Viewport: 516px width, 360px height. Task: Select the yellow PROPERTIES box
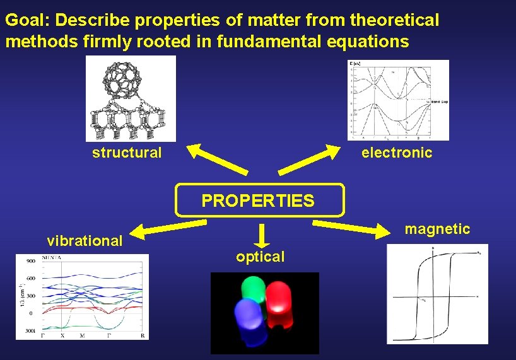[x=259, y=200]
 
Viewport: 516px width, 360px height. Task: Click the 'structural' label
[x=127, y=153]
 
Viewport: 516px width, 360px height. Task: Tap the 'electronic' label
[x=397, y=153]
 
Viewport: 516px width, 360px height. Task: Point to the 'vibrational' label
[x=85, y=241]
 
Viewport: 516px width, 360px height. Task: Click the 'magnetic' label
[x=437, y=229]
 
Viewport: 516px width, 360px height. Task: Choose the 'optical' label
[x=260, y=257]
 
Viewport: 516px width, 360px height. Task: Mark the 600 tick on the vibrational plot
[x=30, y=278]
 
